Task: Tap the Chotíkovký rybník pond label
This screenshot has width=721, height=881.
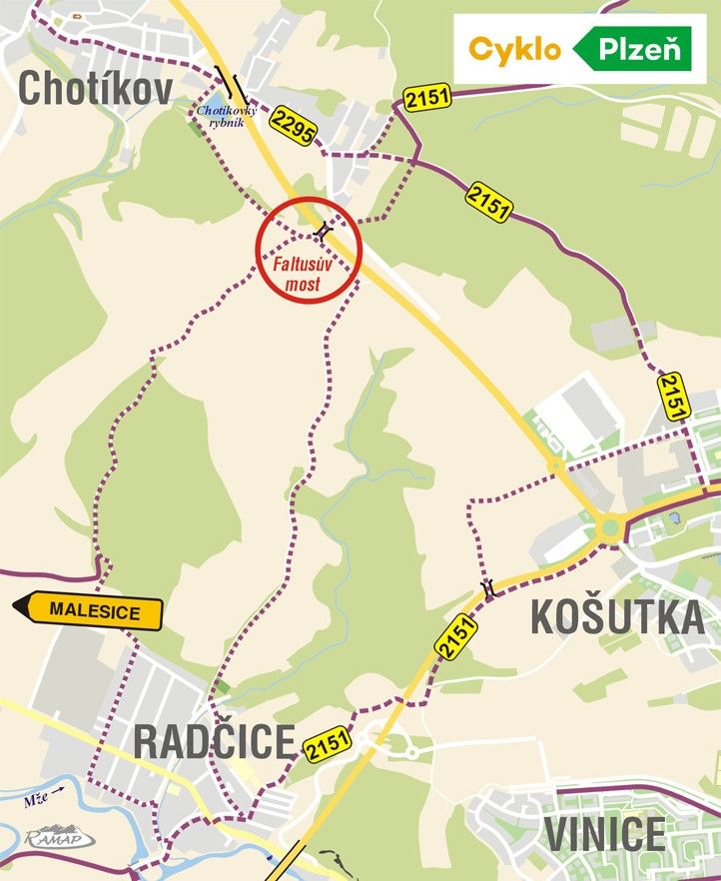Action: click(x=227, y=117)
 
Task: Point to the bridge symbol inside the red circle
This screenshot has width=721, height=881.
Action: click(x=322, y=233)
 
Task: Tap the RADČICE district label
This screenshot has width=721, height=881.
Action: click(x=214, y=742)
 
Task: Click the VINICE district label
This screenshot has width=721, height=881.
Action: click(x=606, y=834)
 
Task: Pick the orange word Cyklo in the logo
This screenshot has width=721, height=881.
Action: click(x=514, y=48)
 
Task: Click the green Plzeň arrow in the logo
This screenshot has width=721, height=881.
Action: click(x=632, y=48)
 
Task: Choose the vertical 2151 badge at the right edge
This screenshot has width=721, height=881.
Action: click(x=674, y=397)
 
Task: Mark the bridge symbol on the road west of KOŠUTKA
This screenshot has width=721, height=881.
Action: click(x=488, y=588)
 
